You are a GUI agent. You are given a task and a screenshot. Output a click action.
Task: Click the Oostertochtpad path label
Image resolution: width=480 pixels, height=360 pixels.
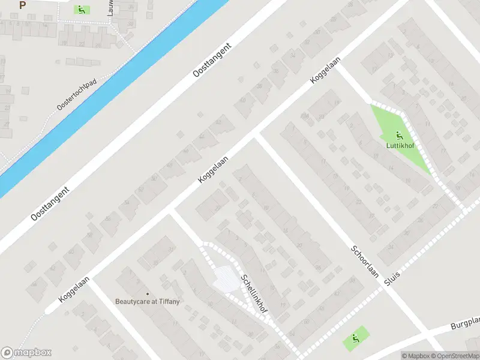pyautogui.click(x=77, y=95)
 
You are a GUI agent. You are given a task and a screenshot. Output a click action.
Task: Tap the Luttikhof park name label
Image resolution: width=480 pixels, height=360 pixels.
pyautogui.click(x=398, y=145)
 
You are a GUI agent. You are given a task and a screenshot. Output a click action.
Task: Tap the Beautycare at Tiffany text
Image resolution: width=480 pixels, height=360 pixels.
pyautogui.click(x=148, y=301)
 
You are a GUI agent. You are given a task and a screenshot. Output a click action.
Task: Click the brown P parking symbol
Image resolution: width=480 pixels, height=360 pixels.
pyautogui.click(x=23, y=5)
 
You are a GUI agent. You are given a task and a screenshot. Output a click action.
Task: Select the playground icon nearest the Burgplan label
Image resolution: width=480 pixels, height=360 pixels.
pyautogui.click(x=356, y=339)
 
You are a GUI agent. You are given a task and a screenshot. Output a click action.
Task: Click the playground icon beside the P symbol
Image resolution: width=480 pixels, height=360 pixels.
pyautogui.click(x=80, y=10)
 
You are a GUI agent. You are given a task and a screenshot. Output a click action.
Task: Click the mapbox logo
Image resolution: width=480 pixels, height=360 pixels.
pyautogui.click(x=26, y=353)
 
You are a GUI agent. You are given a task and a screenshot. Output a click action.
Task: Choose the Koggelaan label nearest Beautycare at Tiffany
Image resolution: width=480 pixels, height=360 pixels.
pyautogui.click(x=74, y=289)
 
